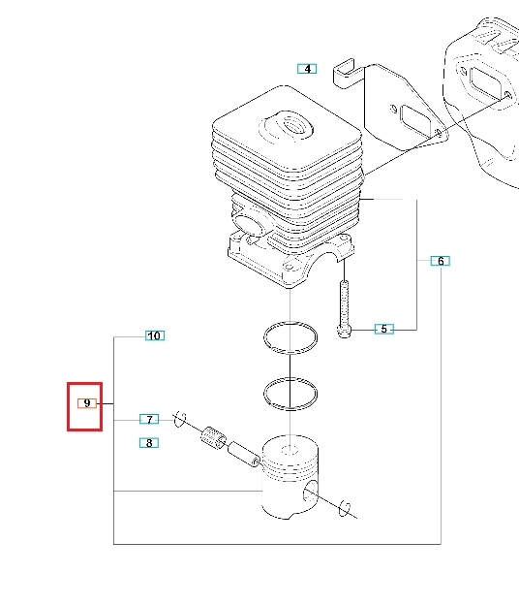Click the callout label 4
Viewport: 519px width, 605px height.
click(x=307, y=69)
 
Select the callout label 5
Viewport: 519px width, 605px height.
click(x=384, y=329)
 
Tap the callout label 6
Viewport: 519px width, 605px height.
click(x=440, y=261)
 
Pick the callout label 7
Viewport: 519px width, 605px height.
click(x=149, y=419)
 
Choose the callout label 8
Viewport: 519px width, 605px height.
click(x=149, y=443)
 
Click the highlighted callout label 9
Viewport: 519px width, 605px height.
click(x=87, y=403)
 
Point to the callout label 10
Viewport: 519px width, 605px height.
click(x=155, y=335)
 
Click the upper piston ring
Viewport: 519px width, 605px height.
click(x=290, y=353)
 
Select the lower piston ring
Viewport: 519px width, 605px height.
click(x=290, y=409)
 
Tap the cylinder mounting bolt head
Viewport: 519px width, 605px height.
click(x=344, y=332)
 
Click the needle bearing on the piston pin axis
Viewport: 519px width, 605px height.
click(x=214, y=438)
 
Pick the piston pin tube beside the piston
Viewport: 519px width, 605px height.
click(x=243, y=455)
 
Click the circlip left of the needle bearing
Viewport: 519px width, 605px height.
click(x=179, y=419)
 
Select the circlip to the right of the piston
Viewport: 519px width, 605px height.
click(x=344, y=509)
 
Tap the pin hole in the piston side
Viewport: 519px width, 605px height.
click(x=311, y=492)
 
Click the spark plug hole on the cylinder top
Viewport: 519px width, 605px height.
click(x=297, y=127)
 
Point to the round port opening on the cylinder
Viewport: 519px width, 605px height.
click(x=249, y=225)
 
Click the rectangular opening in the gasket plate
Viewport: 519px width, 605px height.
click(x=417, y=120)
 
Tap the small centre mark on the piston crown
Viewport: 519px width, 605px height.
click(x=290, y=450)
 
